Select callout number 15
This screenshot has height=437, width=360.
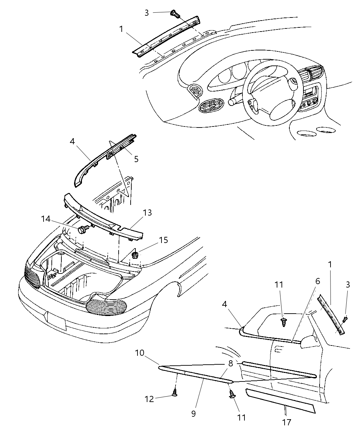pos(164,240)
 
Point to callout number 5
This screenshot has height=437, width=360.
pos(136,159)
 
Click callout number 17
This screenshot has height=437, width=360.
pos(287,422)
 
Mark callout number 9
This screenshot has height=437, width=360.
pos(193,414)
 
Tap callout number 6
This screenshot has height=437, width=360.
pos(317,281)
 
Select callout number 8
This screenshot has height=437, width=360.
pos(230,364)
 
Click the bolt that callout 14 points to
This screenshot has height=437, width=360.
pos(83,229)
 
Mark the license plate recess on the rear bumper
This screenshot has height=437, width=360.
pos(57,321)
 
